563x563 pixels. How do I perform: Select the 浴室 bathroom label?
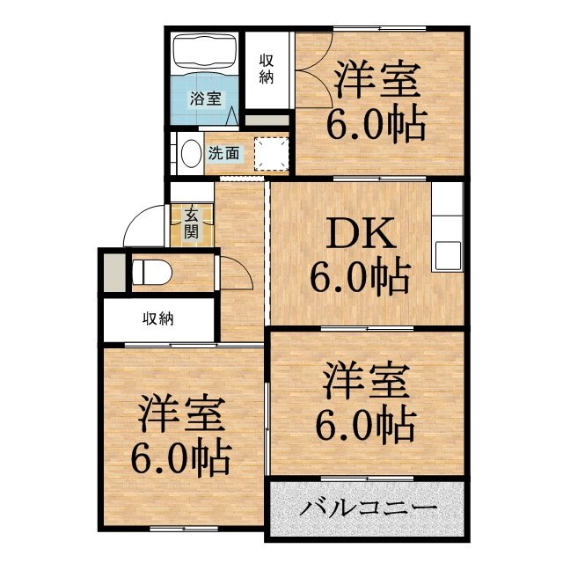(x=208, y=99)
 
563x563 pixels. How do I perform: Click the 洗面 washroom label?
(x=223, y=153)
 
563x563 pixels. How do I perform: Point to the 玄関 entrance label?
(x=191, y=223)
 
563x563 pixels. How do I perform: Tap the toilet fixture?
(x=150, y=272)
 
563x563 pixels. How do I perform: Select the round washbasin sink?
(x=189, y=154)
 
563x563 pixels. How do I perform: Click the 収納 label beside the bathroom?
(x=267, y=68)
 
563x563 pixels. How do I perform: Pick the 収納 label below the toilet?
(x=158, y=318)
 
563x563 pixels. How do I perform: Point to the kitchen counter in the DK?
(x=447, y=227)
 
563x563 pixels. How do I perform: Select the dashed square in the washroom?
(x=273, y=153)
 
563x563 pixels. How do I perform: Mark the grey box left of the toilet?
(x=113, y=272)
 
